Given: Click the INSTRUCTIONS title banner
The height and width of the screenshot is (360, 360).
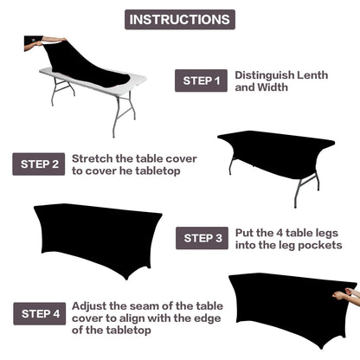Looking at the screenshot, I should (x=179, y=19).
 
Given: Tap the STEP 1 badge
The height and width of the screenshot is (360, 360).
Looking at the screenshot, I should (x=202, y=81).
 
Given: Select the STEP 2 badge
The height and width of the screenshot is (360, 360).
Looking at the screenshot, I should (x=38, y=164).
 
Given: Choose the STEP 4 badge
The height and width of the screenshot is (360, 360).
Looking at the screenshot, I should (x=39, y=313).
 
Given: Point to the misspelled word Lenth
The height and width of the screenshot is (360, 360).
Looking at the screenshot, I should (x=312, y=75).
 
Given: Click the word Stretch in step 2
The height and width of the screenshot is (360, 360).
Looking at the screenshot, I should (x=92, y=158).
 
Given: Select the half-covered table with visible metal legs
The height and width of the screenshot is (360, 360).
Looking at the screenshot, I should (x=275, y=156).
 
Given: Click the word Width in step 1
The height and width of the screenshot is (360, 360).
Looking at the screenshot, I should (x=273, y=88).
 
